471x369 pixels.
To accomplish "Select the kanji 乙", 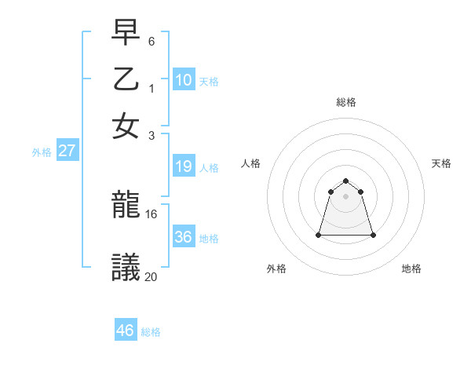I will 126,81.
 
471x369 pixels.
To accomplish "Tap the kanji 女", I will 126,126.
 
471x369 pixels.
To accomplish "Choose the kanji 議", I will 126,268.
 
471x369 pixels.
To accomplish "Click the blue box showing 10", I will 184,79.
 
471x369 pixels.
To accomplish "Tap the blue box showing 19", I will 184,166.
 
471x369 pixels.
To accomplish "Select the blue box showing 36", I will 184,237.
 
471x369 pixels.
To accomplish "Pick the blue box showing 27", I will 67,151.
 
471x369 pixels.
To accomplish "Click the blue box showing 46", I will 126,331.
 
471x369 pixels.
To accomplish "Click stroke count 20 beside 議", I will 152,276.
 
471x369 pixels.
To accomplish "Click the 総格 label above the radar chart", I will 345,102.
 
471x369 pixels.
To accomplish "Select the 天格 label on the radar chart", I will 441,163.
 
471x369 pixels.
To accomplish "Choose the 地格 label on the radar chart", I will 411,269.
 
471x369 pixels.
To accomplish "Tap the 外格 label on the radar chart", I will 276,269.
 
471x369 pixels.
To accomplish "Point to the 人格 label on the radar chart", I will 251,163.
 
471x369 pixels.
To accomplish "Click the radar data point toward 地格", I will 372,235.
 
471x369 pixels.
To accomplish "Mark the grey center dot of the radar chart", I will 345,196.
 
